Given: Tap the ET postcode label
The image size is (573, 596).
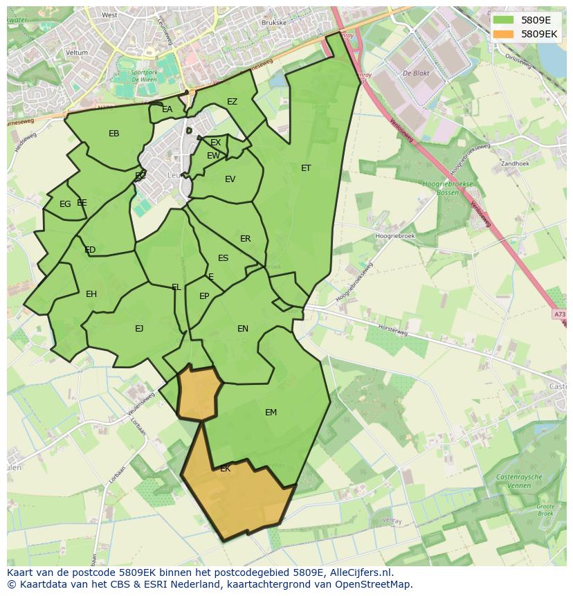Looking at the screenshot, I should tap(306, 168).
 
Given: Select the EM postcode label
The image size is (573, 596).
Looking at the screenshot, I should tap(271, 413).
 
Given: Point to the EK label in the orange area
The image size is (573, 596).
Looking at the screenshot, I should tap(225, 469).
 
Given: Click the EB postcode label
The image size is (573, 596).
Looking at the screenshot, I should tap(114, 134).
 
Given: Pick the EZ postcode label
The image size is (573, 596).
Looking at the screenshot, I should tap(232, 102).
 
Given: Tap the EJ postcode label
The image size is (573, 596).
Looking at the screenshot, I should tap(139, 329).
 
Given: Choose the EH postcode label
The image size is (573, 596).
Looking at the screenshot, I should tap(91, 294).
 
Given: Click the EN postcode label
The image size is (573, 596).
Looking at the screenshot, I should tap(243, 329).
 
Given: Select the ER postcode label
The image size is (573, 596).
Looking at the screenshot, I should tap(246, 239).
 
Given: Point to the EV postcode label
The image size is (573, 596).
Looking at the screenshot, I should tap(230, 179).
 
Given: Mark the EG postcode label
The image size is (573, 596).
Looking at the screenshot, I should tap(65, 204).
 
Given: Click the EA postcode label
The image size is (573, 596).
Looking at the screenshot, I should tap(167, 109).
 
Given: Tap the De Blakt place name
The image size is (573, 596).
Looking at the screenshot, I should tap(417, 73).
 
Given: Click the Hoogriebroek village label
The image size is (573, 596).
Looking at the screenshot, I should tap(394, 236).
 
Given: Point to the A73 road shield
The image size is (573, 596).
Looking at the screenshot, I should tap(559, 314).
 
